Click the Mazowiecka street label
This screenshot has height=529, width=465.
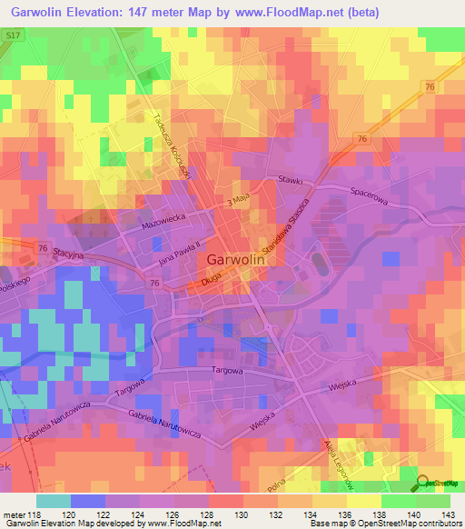pos(163,223)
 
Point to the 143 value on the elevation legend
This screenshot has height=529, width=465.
pos(450,514)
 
